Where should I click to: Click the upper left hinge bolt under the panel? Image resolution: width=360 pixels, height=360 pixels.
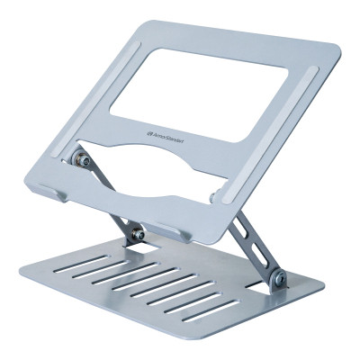coord(82,160)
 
